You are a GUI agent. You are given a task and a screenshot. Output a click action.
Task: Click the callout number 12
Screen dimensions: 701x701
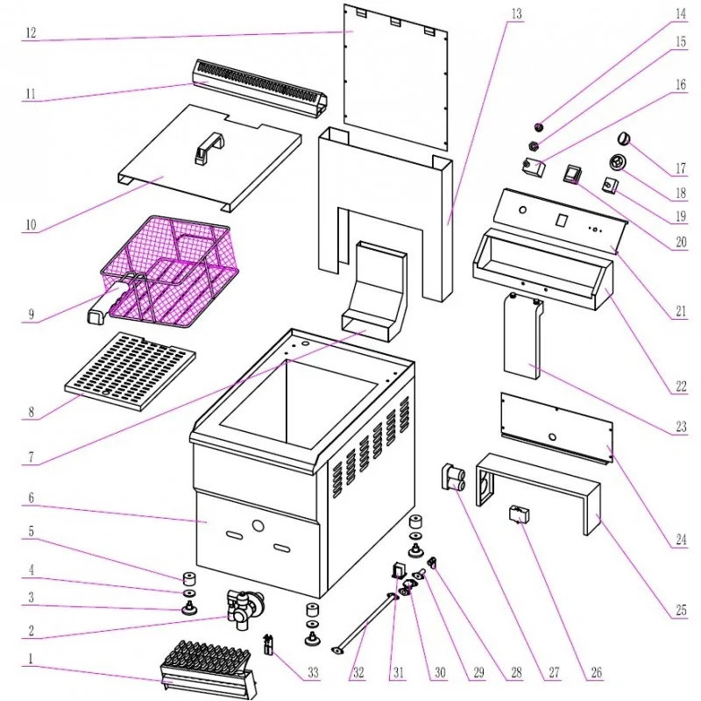click(x=31, y=32)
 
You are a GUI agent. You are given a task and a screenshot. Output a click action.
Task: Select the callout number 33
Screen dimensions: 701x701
click(x=313, y=672)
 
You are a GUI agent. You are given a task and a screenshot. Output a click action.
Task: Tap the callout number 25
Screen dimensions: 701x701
click(x=681, y=610)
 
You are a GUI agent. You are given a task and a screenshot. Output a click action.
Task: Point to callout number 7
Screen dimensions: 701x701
click(x=31, y=457)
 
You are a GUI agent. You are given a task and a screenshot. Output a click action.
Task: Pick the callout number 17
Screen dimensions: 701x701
click(x=681, y=168)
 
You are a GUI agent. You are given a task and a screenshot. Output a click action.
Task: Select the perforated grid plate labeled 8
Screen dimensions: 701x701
click(x=131, y=371)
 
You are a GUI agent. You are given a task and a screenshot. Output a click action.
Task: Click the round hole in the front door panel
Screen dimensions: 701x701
click(x=258, y=526)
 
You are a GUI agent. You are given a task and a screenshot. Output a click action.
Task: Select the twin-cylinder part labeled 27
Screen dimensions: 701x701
click(x=453, y=478)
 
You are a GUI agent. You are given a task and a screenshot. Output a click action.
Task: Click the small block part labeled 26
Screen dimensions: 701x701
click(x=519, y=514)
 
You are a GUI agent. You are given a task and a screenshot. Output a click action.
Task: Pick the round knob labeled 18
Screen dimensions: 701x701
click(x=619, y=162)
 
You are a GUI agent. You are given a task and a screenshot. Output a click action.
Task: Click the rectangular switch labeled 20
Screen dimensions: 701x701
click(x=572, y=174)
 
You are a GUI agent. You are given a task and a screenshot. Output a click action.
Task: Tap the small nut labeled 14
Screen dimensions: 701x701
click(x=540, y=128)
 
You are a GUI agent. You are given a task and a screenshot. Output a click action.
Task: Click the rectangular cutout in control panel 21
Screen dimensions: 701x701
click(x=561, y=220)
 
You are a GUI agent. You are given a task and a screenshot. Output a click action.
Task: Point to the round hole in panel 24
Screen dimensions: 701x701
click(x=553, y=436)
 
